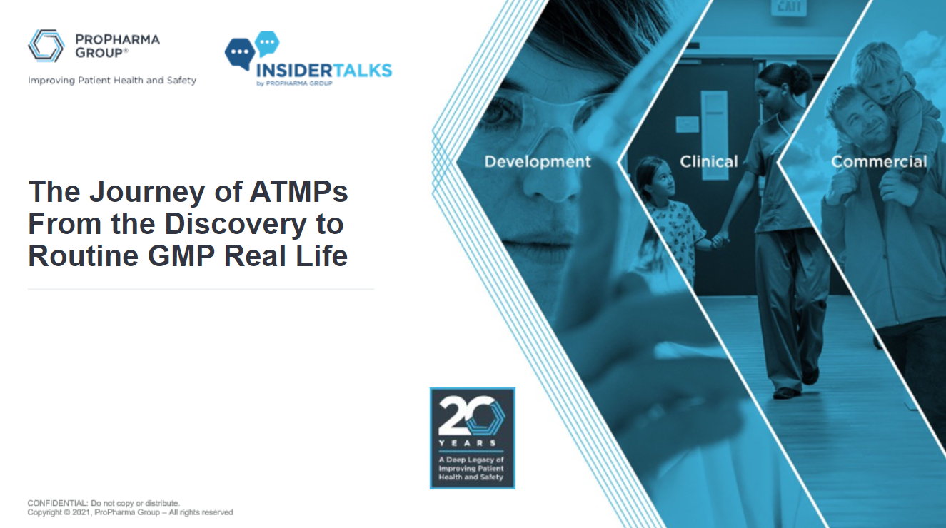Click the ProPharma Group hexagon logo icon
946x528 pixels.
pyautogui.click(x=46, y=46)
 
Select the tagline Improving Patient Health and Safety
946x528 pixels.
pyautogui.click(x=112, y=81)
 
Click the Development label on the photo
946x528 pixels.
pyautogui.click(x=538, y=162)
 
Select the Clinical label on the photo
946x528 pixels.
pyautogui.click(x=709, y=162)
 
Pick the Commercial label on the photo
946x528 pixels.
pyautogui.click(x=879, y=162)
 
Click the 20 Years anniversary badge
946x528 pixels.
pyautogui.click(x=472, y=438)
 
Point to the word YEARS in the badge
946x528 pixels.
pyautogui.click(x=471, y=443)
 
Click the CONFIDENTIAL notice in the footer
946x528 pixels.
pyautogui.click(x=104, y=503)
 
